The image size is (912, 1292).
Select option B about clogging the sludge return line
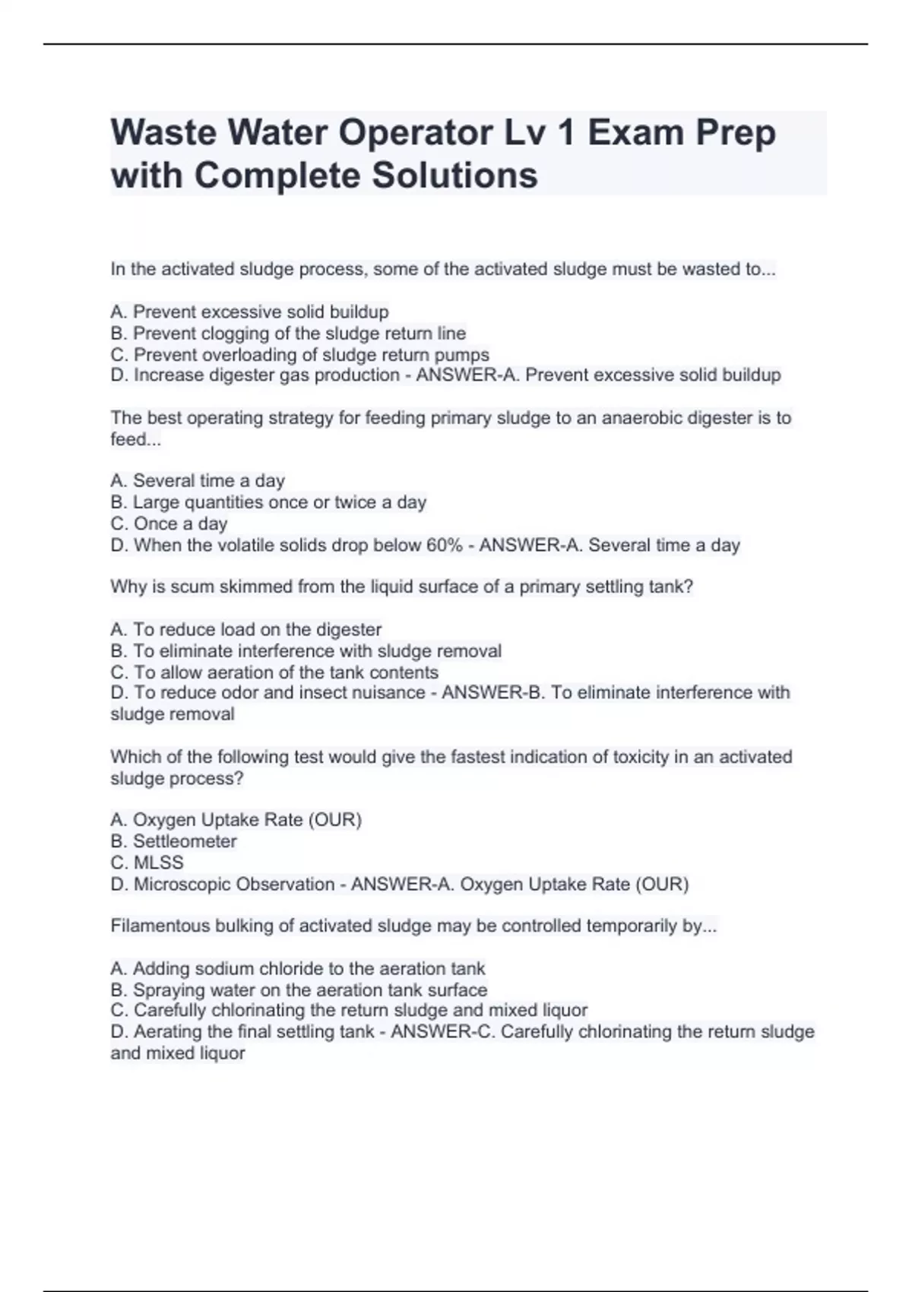point(288,334)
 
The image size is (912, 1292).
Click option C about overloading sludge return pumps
point(299,355)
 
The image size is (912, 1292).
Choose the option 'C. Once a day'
point(169,524)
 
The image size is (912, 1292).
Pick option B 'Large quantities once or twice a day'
point(268,502)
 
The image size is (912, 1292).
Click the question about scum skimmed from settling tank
point(401,587)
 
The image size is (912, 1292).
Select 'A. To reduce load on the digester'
point(245,629)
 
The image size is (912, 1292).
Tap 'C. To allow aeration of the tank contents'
point(274,673)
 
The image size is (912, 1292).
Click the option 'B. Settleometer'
point(173,841)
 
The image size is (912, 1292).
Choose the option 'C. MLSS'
point(147,863)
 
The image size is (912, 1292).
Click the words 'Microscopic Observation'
point(234,885)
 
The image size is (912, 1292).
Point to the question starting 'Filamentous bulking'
point(413,926)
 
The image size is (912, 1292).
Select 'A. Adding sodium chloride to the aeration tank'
point(297,968)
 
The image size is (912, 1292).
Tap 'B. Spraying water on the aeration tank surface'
point(299,990)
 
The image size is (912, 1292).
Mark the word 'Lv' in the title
point(525,133)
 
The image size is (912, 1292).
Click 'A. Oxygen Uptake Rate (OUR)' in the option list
point(236,820)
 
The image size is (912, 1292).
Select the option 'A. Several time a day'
point(198,481)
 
